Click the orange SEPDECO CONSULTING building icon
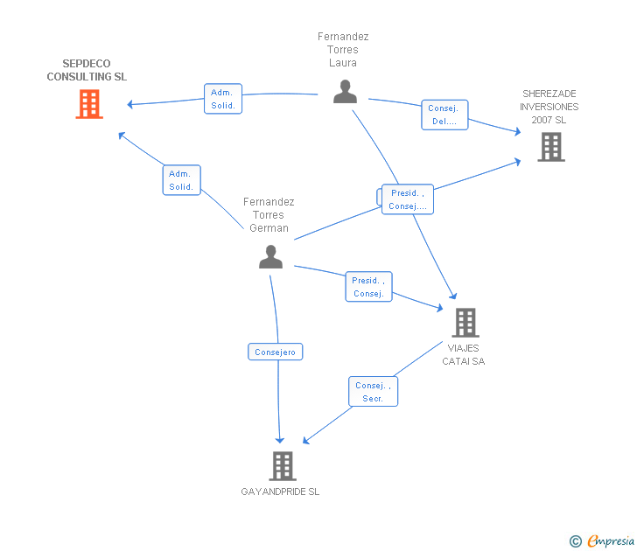(88, 104)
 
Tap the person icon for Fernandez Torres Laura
(345, 92)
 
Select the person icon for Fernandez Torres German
(270, 256)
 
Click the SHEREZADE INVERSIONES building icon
(551, 147)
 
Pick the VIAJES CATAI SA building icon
(465, 323)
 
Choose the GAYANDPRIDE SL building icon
(282, 465)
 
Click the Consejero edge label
(276, 352)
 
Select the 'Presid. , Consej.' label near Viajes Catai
(369, 287)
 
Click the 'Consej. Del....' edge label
(444, 115)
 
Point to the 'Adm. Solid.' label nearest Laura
(222, 99)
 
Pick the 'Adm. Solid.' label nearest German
(181, 180)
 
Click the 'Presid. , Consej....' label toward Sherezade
(408, 199)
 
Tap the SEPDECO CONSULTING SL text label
(87, 70)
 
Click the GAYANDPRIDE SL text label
(280, 492)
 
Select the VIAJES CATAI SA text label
(464, 354)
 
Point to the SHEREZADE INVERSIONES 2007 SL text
(549, 107)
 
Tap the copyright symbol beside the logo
(575, 541)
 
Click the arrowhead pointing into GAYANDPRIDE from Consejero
(280, 439)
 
